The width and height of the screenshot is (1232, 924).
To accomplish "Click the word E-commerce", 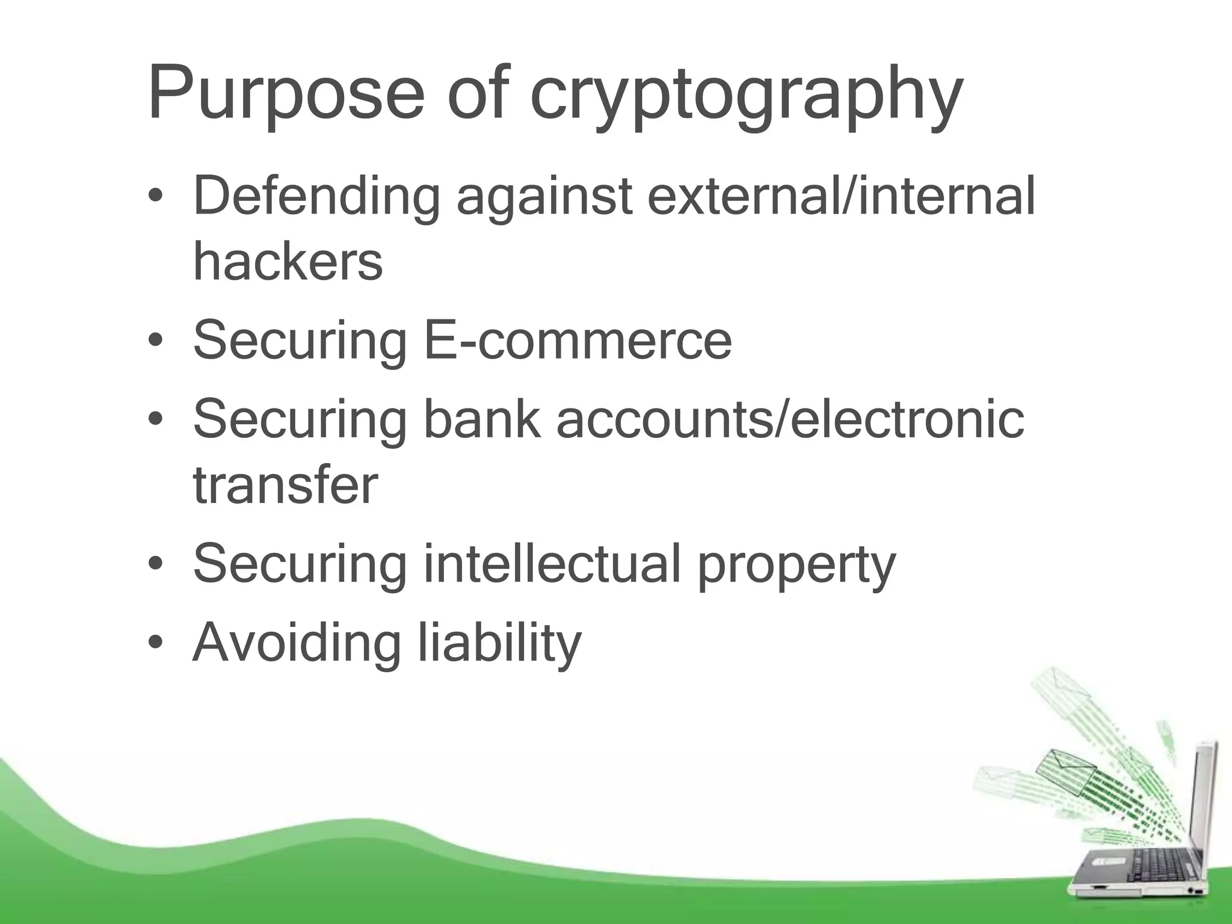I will coord(577,340).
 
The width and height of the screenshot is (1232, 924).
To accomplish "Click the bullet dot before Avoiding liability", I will coord(156,642).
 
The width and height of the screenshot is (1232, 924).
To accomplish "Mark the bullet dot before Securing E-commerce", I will coord(156,341).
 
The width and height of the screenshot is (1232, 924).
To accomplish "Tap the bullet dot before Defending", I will coord(156,197).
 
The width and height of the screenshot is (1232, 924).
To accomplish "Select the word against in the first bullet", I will coord(544,197).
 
